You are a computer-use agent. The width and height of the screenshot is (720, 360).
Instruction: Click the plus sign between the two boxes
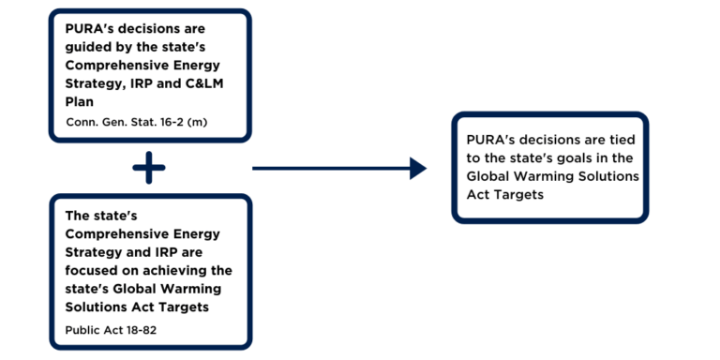tap(149, 168)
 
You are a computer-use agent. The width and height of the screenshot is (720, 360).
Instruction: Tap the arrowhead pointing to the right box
tap(418, 168)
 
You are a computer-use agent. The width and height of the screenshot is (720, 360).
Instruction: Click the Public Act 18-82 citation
tap(111, 330)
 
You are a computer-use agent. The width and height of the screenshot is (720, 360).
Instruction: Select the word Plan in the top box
tap(79, 102)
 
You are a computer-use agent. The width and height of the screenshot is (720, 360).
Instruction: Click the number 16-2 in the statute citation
tap(170, 123)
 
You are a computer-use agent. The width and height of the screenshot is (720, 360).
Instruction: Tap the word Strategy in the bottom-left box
tap(91, 252)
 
